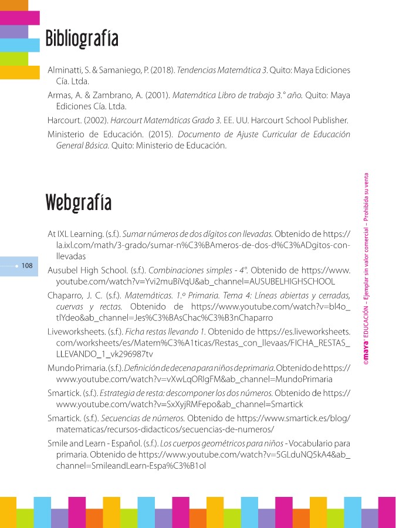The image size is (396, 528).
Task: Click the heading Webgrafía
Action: (x=79, y=202)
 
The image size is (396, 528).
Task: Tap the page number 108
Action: (x=27, y=266)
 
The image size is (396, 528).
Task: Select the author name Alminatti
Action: (x=65, y=70)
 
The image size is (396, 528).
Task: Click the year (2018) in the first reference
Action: (x=161, y=70)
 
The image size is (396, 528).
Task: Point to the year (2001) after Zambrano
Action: (x=151, y=95)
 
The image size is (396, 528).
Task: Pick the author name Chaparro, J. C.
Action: (x=73, y=295)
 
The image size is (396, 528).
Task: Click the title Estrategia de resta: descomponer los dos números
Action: (x=190, y=393)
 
